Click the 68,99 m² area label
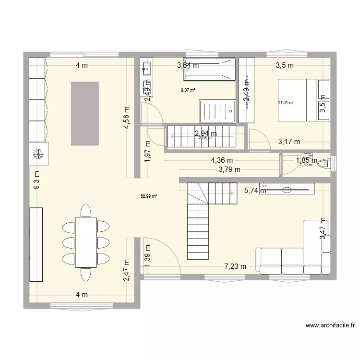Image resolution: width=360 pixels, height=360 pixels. [149, 196]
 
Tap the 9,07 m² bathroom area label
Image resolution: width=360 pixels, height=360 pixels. [188, 90]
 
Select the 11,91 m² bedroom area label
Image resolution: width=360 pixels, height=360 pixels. [286, 102]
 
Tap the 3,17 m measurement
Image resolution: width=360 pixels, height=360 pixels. [289, 141]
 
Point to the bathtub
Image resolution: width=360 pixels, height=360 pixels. [210, 69]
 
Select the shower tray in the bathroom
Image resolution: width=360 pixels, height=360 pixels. [217, 111]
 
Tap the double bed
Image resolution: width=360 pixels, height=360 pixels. [296, 100]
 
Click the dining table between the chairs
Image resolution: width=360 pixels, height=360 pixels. [86, 242]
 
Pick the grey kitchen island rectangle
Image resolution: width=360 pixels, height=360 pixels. [85, 113]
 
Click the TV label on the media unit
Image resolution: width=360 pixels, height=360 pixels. [264, 185]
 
